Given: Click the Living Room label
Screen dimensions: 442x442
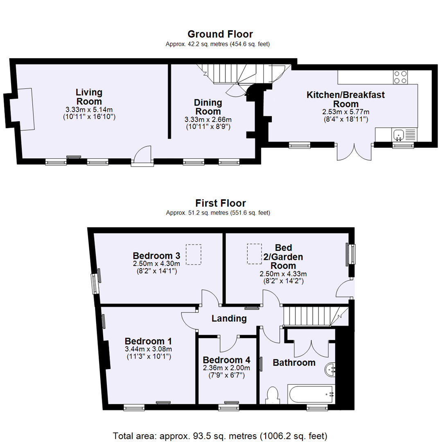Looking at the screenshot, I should tap(89, 97).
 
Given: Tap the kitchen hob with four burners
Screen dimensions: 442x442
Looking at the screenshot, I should tap(400, 77).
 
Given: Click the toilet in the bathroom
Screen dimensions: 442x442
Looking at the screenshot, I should tap(272, 395).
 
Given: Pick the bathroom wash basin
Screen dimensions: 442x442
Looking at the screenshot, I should tap(331, 370).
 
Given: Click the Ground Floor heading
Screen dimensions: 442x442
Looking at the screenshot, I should tap(220, 34).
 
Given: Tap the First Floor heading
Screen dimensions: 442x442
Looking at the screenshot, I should tap(220, 203).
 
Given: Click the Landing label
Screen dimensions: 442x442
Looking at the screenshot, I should tap(229, 318).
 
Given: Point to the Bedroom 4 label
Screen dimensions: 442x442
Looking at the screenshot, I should tap(226, 360).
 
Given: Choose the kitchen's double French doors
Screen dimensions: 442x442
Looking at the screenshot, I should tap(354, 151).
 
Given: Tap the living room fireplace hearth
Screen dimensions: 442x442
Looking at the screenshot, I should tap(24, 109).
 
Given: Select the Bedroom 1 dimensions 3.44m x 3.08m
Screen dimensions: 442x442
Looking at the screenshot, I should tap(148, 349).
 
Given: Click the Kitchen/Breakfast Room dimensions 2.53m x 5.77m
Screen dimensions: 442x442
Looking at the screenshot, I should tap(346, 112).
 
